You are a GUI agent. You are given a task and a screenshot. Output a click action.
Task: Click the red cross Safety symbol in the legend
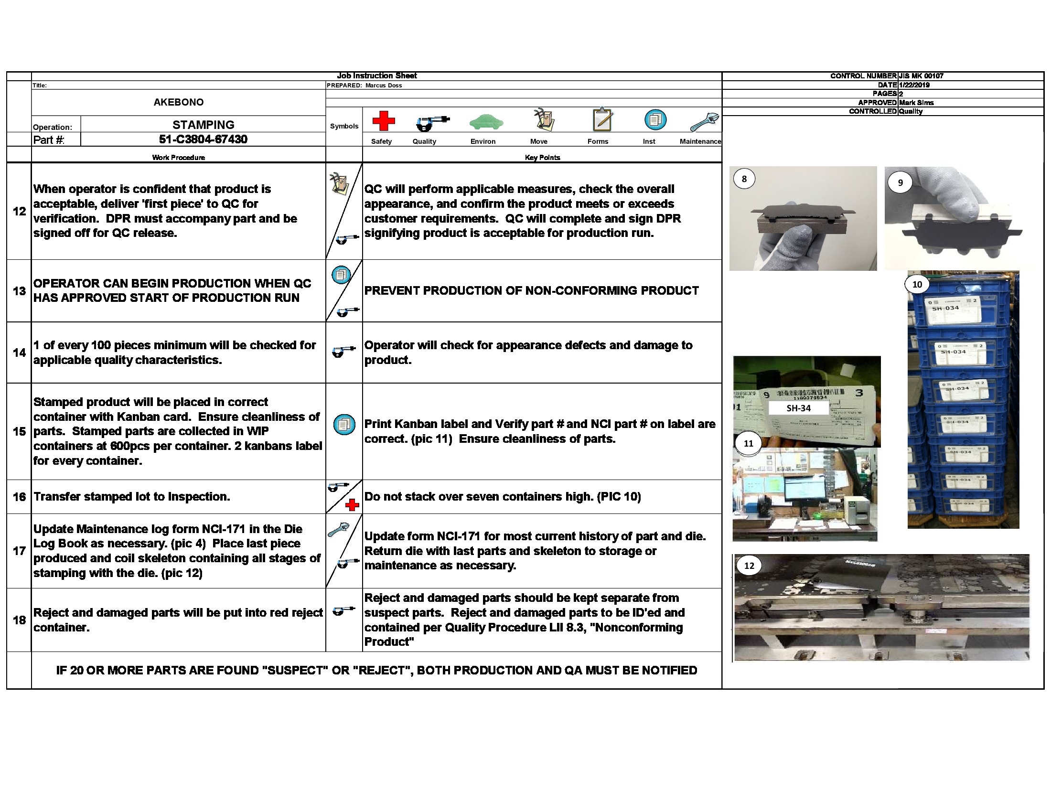click(x=383, y=121)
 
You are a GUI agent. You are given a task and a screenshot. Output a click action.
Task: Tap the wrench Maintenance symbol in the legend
click(x=704, y=122)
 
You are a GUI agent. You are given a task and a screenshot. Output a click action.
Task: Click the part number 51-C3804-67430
click(x=203, y=139)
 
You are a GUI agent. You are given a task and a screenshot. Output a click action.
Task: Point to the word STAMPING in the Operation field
click(x=203, y=125)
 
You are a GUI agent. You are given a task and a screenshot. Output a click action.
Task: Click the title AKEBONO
click(x=179, y=102)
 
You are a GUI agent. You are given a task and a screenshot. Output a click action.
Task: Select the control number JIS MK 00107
click(x=921, y=76)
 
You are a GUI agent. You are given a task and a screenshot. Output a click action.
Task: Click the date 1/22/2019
click(x=914, y=85)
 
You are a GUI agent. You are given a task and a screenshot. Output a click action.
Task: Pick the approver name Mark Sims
click(x=916, y=103)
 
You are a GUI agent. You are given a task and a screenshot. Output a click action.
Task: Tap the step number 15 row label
click(x=19, y=431)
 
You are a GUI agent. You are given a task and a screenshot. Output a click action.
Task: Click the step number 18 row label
click(x=19, y=620)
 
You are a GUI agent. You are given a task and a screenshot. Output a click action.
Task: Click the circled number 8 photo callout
click(x=744, y=179)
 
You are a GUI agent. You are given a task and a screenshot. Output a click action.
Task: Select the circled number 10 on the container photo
click(x=917, y=284)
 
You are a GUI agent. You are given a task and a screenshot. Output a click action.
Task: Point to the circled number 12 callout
click(x=749, y=566)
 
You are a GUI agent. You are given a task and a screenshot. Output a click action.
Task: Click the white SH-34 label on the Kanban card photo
click(x=798, y=408)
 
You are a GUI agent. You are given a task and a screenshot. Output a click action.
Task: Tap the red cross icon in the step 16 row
click(x=352, y=504)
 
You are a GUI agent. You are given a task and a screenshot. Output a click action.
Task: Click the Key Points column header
click(x=542, y=158)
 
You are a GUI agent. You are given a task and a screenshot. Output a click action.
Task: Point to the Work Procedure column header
click(x=179, y=158)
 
